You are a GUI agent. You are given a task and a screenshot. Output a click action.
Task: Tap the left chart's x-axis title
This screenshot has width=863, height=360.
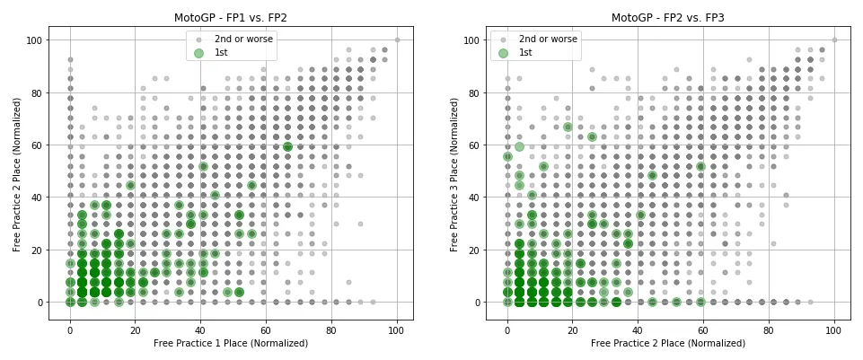click(231, 343)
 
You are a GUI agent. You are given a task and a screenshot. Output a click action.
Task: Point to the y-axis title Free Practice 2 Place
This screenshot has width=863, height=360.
click(18, 174)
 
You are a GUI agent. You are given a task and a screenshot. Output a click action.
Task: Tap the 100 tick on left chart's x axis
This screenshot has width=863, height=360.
click(397, 329)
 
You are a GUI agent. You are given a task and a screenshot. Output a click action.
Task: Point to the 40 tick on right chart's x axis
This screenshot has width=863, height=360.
click(638, 329)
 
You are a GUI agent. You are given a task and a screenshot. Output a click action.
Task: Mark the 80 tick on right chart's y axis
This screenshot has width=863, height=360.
click(474, 92)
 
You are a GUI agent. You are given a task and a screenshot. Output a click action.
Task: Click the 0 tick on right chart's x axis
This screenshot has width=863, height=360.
click(507, 329)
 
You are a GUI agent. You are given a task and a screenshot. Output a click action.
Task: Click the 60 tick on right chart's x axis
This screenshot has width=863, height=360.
click(703, 329)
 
